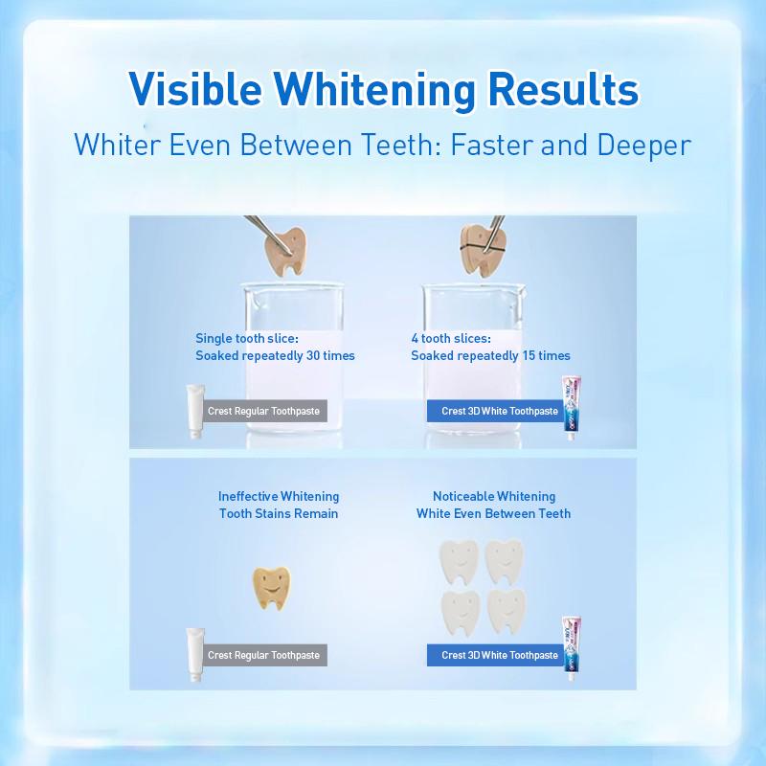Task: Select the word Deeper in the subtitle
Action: click(x=644, y=146)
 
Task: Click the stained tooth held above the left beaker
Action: click(x=285, y=251)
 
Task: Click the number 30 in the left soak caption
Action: click(x=317, y=356)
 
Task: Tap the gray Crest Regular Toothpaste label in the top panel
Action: click(x=264, y=412)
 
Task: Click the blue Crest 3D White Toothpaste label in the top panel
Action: click(x=499, y=412)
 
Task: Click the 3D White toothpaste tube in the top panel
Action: click(x=569, y=407)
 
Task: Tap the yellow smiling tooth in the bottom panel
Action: click(x=271, y=587)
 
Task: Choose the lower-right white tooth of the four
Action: click(x=506, y=611)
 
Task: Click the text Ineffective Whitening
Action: click(x=279, y=496)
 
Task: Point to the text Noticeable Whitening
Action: click(x=494, y=496)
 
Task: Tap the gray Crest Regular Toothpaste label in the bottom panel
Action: click(x=264, y=656)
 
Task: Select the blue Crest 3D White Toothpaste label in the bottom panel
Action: click(x=499, y=656)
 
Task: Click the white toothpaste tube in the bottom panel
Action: click(x=194, y=654)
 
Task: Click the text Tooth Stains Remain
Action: click(x=279, y=513)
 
